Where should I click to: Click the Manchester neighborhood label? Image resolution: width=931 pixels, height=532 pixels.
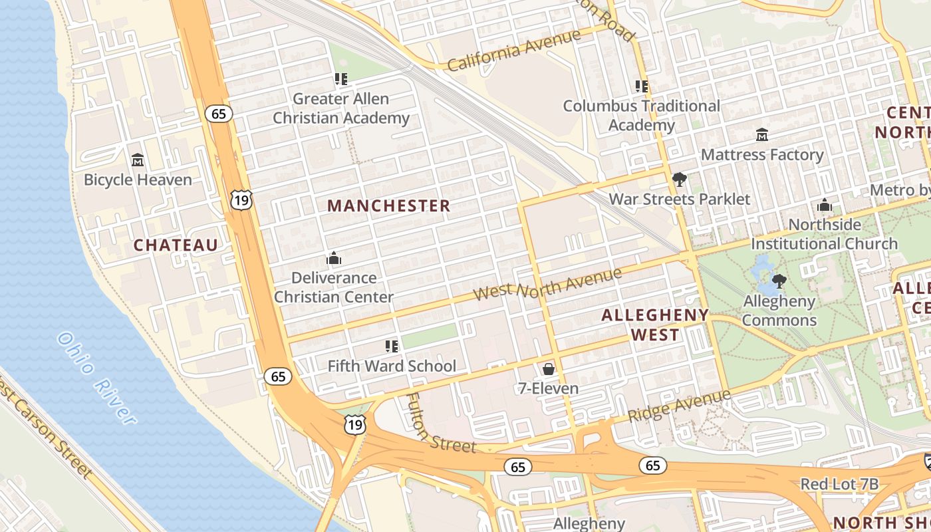388,205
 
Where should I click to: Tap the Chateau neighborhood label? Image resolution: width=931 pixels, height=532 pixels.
176,245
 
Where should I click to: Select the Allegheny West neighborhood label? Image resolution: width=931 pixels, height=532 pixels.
654,325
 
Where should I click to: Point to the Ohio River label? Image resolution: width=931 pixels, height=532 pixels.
96,377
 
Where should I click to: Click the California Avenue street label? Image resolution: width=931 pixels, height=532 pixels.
513,51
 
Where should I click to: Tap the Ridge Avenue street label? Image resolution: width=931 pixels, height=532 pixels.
679,406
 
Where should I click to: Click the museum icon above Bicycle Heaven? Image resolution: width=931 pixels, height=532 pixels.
138,160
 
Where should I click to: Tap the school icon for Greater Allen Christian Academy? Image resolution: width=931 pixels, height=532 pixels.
341,80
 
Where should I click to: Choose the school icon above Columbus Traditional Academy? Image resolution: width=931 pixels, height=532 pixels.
642,86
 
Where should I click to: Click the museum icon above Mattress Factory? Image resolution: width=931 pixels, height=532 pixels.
762,135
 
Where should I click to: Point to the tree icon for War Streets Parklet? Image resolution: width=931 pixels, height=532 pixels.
679,180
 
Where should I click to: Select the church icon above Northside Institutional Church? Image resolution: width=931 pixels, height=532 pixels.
825,205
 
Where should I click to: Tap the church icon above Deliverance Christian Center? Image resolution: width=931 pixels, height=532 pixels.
333,258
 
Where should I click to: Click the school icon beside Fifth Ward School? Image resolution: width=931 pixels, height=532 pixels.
392,346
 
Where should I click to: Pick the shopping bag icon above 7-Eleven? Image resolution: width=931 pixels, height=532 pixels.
548,368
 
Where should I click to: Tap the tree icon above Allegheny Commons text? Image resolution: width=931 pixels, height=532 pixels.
779,281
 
